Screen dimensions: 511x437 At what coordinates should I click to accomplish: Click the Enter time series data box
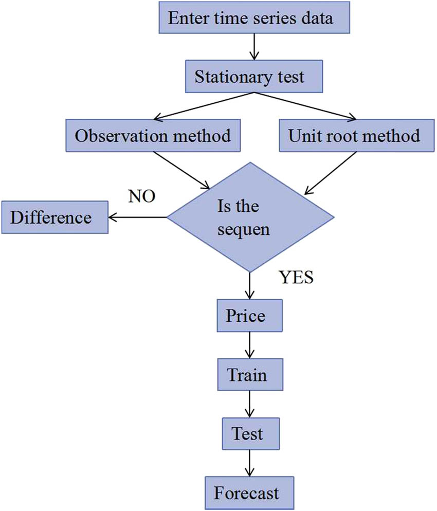251,19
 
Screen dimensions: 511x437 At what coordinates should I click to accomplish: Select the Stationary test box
250,77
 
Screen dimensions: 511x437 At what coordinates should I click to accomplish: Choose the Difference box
54,217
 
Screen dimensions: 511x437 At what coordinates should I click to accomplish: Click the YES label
296,278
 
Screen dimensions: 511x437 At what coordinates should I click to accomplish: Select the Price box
250,315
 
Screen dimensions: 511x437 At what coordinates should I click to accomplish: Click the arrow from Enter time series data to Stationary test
251,48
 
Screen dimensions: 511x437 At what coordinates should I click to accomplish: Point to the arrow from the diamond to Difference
138,217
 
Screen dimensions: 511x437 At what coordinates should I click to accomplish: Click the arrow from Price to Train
250,344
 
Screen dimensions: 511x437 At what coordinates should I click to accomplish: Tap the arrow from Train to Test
250,404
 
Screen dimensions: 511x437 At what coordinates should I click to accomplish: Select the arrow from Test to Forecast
250,464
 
